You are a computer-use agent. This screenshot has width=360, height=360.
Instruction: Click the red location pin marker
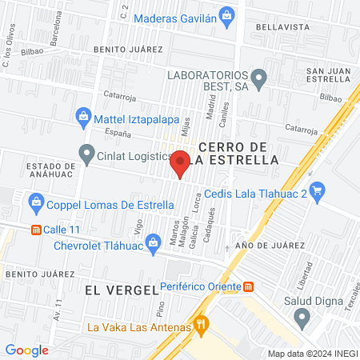pyautogui.click(x=180, y=163)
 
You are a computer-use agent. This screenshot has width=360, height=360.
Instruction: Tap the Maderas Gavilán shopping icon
pyautogui.click(x=227, y=14)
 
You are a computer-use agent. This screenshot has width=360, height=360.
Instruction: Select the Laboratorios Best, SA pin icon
pyautogui.click(x=258, y=78)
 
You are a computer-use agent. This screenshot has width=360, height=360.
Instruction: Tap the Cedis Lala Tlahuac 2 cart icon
pyautogui.click(x=318, y=190)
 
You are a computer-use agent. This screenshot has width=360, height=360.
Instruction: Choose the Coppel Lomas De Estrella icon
pyautogui.click(x=36, y=203)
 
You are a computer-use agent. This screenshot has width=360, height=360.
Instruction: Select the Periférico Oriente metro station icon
pyautogui.click(x=249, y=286)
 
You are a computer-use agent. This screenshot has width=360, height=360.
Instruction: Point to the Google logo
pyautogui.click(x=26, y=350)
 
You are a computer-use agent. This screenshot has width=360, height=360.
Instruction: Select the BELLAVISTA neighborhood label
pyautogui.click(x=282, y=26)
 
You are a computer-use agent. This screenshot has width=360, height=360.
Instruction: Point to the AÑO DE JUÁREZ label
pyautogui.click(x=265, y=246)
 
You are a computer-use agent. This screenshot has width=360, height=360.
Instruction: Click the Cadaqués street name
pyautogui.click(x=212, y=214)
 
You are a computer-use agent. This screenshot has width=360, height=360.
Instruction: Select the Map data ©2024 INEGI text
pyautogui.click(x=311, y=353)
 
